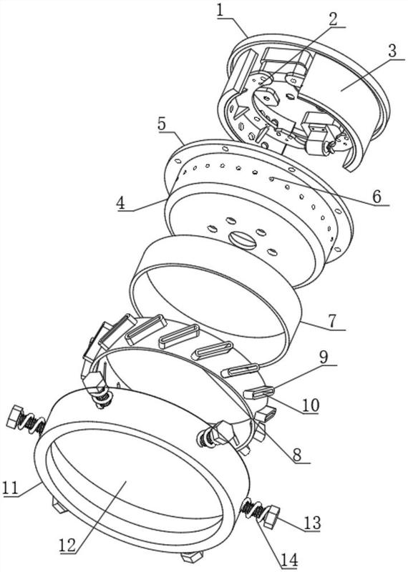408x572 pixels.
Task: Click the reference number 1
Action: click(x=220, y=10)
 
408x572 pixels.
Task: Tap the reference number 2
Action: click(x=333, y=19)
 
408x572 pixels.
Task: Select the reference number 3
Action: click(x=392, y=51)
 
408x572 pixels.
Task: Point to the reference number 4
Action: click(x=121, y=202)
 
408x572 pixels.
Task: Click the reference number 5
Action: click(x=162, y=124)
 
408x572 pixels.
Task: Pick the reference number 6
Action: click(x=377, y=197)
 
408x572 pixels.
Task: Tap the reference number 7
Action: click(x=331, y=321)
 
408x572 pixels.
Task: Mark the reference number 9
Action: click(x=324, y=358)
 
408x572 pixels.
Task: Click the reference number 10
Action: click(x=311, y=405)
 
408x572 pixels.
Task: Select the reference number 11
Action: click(x=10, y=488)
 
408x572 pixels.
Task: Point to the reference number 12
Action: click(x=67, y=545)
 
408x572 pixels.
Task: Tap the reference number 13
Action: click(x=311, y=523)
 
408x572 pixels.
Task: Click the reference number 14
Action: click(x=289, y=560)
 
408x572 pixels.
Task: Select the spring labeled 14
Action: click(x=253, y=508)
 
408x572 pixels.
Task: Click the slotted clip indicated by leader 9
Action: click(x=258, y=393)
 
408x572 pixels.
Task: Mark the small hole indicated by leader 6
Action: click(x=271, y=178)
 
